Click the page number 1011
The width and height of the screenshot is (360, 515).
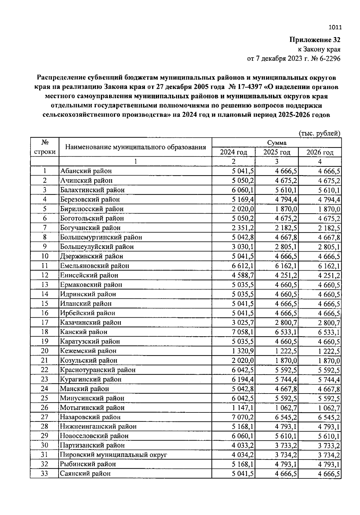pyautogui.click(x=335, y=28)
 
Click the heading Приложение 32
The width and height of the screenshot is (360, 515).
pyautogui.click(x=315, y=40)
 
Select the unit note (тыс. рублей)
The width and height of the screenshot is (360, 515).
pyautogui.click(x=319, y=133)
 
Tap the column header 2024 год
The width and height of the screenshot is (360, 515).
pyautogui.click(x=233, y=152)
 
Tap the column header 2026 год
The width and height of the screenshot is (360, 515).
pyautogui.click(x=320, y=152)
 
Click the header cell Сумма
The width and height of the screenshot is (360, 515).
pyautogui.click(x=277, y=143)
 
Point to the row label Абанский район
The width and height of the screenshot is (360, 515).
pyautogui.click(x=86, y=171)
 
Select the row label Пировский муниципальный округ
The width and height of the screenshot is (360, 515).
pyautogui.click(x=113, y=455)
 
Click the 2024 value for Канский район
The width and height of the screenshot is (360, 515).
pyautogui.click(x=243, y=332)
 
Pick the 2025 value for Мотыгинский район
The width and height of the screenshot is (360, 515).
pyautogui.click(x=286, y=408)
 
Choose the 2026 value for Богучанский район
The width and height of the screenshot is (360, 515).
pyautogui.click(x=329, y=228)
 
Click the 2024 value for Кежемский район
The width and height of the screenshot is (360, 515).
pyautogui.click(x=243, y=351)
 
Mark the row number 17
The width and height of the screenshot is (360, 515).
pyautogui.click(x=44, y=322)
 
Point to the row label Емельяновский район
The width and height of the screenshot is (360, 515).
pyautogui.click(x=94, y=266)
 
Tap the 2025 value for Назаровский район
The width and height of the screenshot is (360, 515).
pyautogui.click(x=286, y=417)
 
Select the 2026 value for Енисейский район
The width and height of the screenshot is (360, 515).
pyautogui.click(x=329, y=275)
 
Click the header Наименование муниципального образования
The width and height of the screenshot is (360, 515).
pyautogui.click(x=136, y=147)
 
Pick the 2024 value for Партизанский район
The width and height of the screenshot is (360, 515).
pyautogui.click(x=243, y=445)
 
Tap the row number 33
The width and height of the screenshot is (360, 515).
pyautogui.click(x=44, y=474)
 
